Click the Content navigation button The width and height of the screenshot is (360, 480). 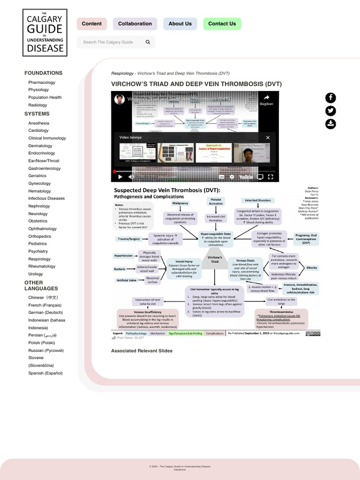click(91, 24)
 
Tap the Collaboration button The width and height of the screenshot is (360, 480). click(135, 24)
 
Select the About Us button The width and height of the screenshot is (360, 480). click(180, 24)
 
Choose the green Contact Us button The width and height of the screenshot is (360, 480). click(222, 24)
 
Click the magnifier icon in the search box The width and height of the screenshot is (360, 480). click(148, 42)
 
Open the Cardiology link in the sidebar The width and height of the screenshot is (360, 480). click(38, 131)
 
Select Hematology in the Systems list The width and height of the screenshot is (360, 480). click(39, 191)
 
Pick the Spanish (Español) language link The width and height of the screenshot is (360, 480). click(45, 373)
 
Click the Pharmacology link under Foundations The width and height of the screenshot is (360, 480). click(42, 82)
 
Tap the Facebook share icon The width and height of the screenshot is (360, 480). click(330, 98)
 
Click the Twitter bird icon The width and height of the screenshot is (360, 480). click(330, 111)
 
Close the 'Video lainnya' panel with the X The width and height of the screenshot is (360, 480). click(268, 137)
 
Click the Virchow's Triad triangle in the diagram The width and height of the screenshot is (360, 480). click(215, 260)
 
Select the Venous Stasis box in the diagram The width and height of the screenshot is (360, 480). click(245, 269)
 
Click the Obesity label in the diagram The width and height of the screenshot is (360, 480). click(312, 268)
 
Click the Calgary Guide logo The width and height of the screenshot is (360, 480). click(45, 33)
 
